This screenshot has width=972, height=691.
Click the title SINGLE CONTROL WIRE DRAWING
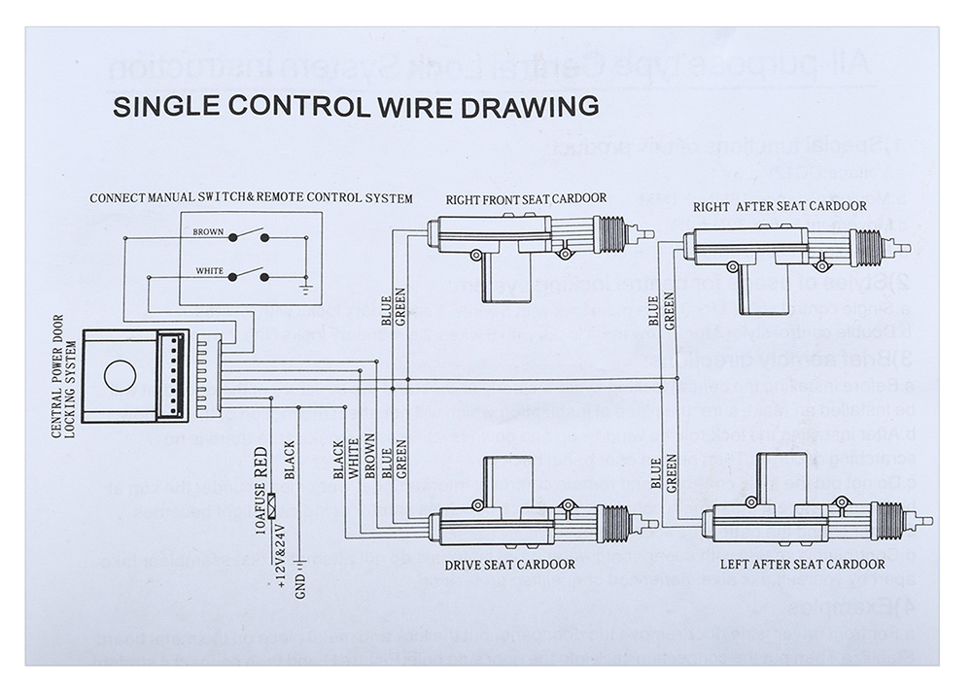tap(355, 106)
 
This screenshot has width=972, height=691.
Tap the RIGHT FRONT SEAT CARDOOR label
tap(526, 198)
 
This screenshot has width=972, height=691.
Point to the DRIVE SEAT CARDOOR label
tap(509, 565)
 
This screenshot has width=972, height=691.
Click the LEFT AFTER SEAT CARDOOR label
tap(802, 565)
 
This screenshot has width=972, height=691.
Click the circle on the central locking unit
tap(120, 376)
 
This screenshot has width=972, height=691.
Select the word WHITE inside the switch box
tap(209, 271)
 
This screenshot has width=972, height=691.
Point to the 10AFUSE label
tap(260, 511)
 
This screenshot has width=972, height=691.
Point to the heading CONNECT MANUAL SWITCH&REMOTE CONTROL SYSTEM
tap(251, 198)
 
